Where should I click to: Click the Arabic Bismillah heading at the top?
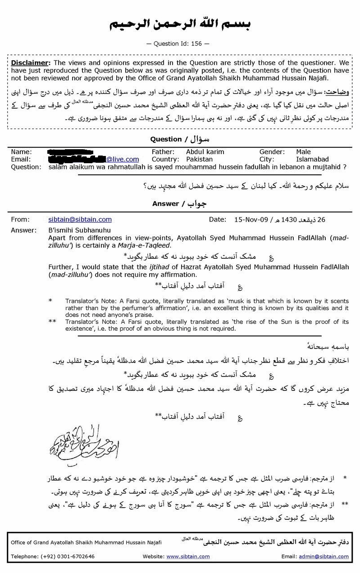[x=180, y=24]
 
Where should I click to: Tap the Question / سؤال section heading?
[x=180, y=139]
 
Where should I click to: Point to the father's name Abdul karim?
[x=205, y=152]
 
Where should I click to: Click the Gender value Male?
[x=303, y=152]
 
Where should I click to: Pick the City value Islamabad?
[x=312, y=159]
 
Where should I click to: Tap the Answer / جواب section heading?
[x=180, y=203]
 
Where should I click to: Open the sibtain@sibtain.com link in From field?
[x=80, y=220]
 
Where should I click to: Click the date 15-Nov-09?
[x=251, y=220]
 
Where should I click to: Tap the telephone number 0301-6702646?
[x=74, y=556]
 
